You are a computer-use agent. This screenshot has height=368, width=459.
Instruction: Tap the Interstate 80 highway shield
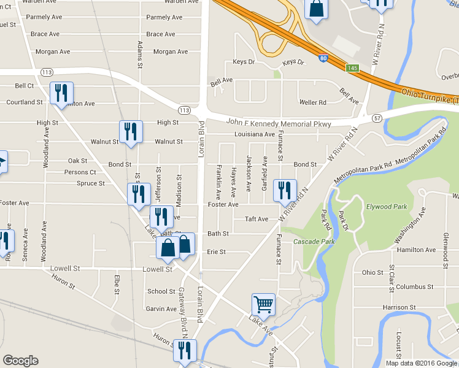pyautogui.click(x=323, y=59)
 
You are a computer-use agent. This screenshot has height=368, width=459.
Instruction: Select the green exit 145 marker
pyautogui.click(x=352, y=68)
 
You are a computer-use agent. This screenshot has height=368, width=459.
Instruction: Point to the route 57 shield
pyautogui.click(x=377, y=117)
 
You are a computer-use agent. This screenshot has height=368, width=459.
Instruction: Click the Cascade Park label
pyautogui.click(x=314, y=242)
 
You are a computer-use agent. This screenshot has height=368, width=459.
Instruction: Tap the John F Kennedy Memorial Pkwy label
pyautogui.click(x=270, y=124)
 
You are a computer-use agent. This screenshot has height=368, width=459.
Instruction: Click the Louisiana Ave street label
pyautogui.click(x=253, y=134)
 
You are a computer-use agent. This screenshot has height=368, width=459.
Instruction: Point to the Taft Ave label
pyautogui.click(x=256, y=219)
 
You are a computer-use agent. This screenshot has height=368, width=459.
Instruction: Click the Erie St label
pyautogui.click(x=216, y=251)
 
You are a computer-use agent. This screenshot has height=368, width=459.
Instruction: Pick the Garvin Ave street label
pyautogui.click(x=162, y=309)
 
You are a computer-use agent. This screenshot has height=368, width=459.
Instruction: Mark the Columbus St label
pyautogui.click(x=414, y=286)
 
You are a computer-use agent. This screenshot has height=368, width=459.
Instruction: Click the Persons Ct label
pyautogui.click(x=80, y=172)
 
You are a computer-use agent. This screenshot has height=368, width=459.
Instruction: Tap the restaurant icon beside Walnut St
pyautogui.click(x=131, y=132)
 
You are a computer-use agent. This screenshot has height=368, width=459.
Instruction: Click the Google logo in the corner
pyautogui.click(x=20, y=361)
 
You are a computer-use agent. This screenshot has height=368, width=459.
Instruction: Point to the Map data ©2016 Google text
pyautogui.click(x=420, y=363)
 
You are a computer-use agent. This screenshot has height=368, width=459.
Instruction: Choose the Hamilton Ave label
pyautogui.click(x=416, y=250)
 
